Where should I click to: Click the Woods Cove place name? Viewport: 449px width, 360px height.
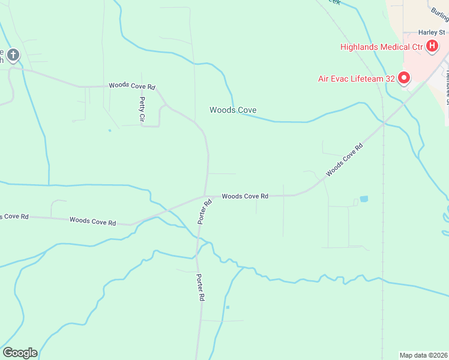[233, 110]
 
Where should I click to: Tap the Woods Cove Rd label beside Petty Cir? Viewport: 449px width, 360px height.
[132, 86]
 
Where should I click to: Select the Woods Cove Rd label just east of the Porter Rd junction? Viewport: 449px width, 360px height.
[244, 196]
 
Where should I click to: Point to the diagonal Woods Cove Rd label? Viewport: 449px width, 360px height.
[345, 160]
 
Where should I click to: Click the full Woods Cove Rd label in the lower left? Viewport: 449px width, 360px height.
[92, 221]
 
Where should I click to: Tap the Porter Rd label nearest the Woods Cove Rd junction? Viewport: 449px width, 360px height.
[205, 212]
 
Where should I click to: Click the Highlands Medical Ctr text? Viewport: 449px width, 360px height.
[382, 47]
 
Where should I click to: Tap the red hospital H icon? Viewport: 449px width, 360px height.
[432, 46]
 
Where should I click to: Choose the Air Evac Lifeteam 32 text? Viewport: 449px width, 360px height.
[356, 77]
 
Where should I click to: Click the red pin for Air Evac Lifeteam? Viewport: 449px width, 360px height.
[404, 77]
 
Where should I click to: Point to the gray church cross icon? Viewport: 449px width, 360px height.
[13, 55]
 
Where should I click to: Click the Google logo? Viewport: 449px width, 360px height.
[20, 353]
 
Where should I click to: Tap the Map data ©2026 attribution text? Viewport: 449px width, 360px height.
[424, 355]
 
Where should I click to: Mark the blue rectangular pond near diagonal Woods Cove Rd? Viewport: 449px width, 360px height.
[364, 199]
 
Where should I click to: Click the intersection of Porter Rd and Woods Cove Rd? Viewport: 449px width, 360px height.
[205, 196]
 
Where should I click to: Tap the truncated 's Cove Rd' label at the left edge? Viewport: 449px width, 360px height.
[14, 216]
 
